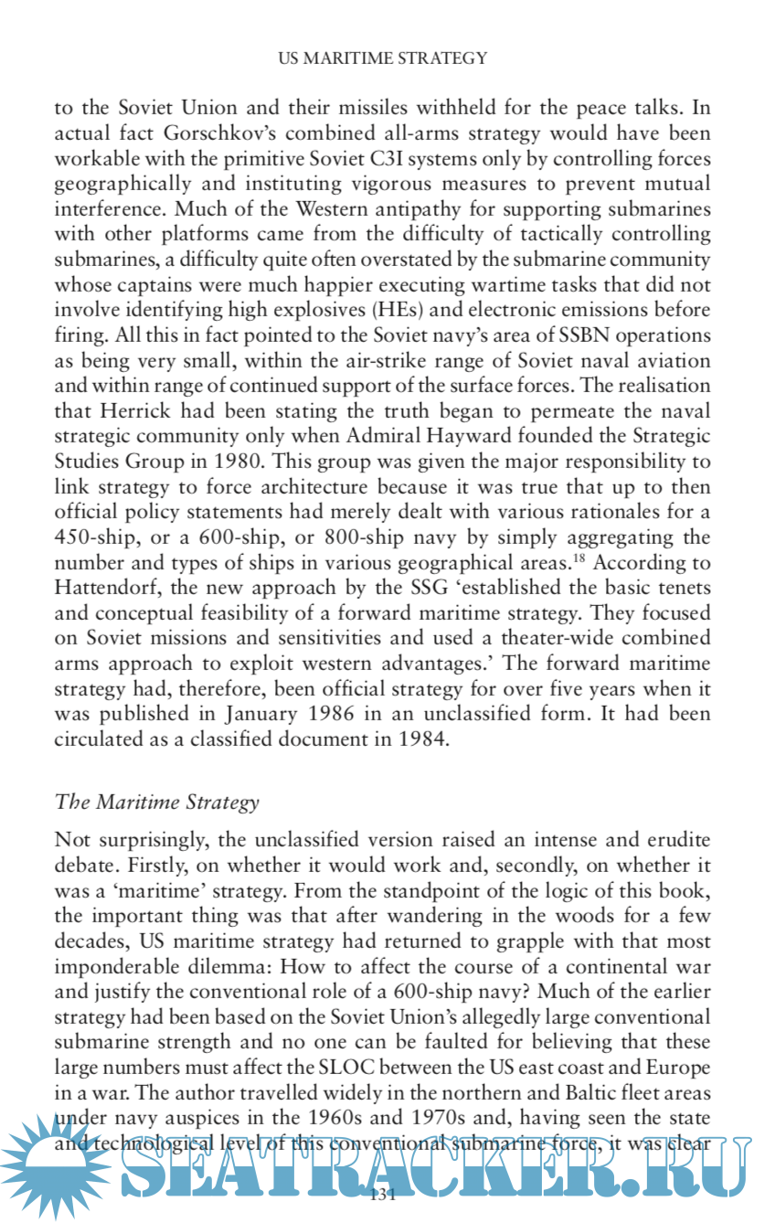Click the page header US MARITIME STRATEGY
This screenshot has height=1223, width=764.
point(382,58)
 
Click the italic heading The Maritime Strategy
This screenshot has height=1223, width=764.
point(157,803)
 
